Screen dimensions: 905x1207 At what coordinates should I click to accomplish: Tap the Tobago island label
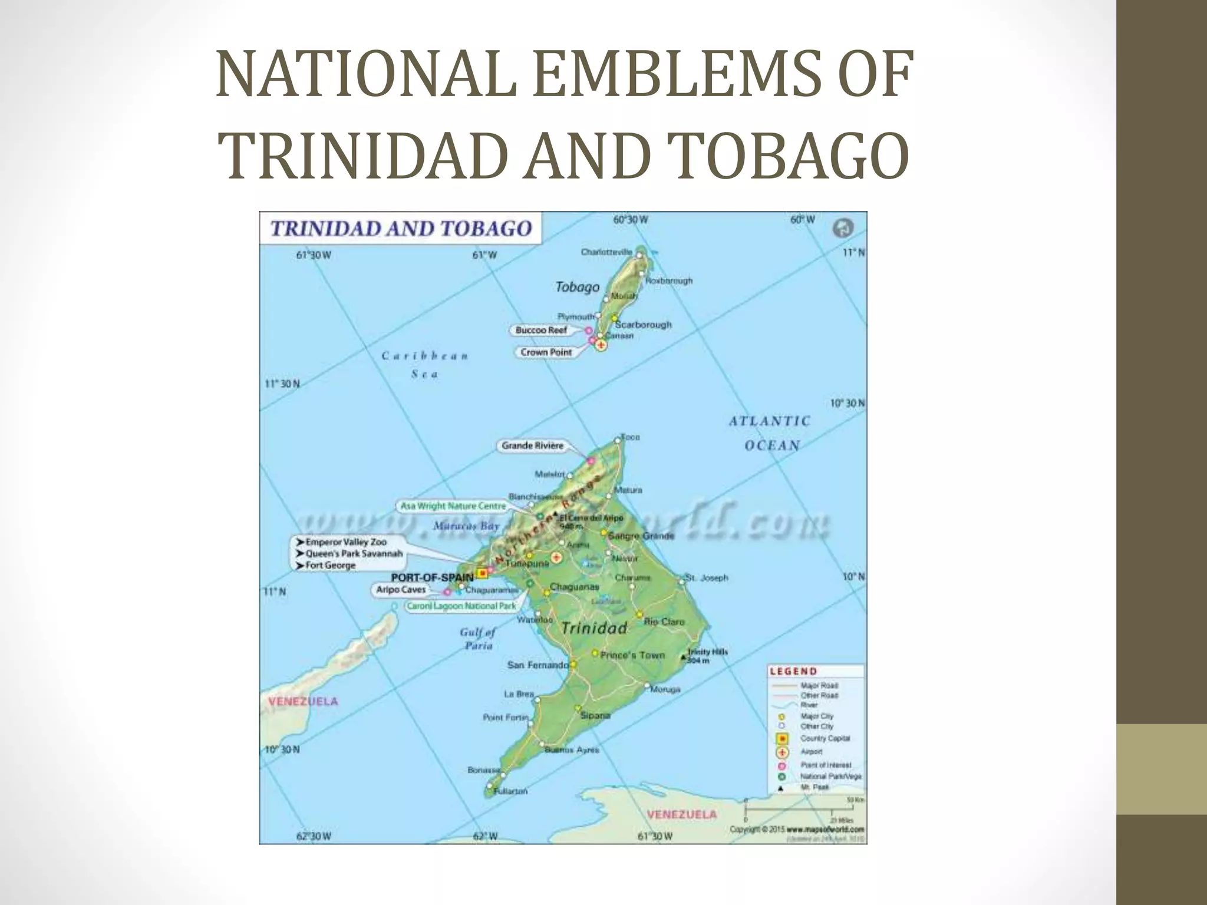pyautogui.click(x=577, y=287)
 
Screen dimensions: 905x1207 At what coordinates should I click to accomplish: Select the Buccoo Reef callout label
pyautogui.click(x=541, y=330)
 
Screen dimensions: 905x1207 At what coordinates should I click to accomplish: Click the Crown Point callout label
pyautogui.click(x=546, y=352)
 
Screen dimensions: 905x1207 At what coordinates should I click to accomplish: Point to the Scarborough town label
pyautogui.click(x=643, y=325)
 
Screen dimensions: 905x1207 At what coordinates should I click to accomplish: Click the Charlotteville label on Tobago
pyautogui.click(x=606, y=252)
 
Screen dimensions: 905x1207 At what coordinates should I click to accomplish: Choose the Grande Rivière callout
pyautogui.click(x=532, y=445)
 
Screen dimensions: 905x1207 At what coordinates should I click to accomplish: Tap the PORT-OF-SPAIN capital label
pyautogui.click(x=432, y=577)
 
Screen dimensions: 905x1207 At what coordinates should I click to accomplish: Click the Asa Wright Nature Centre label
pyautogui.click(x=453, y=506)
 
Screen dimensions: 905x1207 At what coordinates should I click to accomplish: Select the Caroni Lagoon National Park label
pyautogui.click(x=461, y=605)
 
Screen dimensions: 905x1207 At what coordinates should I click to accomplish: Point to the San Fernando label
pyautogui.click(x=537, y=665)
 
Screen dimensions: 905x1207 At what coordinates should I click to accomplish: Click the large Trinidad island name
pyautogui.click(x=594, y=628)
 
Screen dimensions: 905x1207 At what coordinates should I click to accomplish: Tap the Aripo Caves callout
pyautogui.click(x=401, y=590)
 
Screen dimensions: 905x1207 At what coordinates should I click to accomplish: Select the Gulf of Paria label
pyautogui.click(x=478, y=639)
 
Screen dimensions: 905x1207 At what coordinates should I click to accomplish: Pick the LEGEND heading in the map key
pyautogui.click(x=793, y=671)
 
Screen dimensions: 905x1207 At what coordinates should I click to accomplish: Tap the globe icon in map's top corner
pyautogui.click(x=843, y=227)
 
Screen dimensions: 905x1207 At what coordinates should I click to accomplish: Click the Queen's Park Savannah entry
pyautogui.click(x=354, y=553)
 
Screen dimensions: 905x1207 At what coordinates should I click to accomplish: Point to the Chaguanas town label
pyautogui.click(x=574, y=587)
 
